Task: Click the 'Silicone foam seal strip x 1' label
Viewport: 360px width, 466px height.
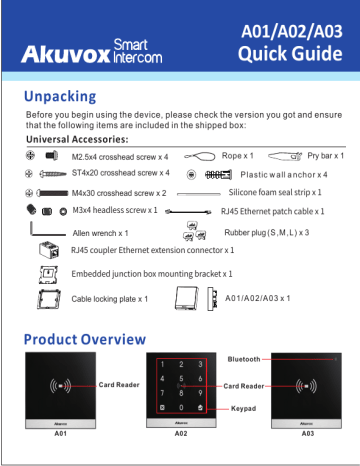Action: (x=277, y=192)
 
